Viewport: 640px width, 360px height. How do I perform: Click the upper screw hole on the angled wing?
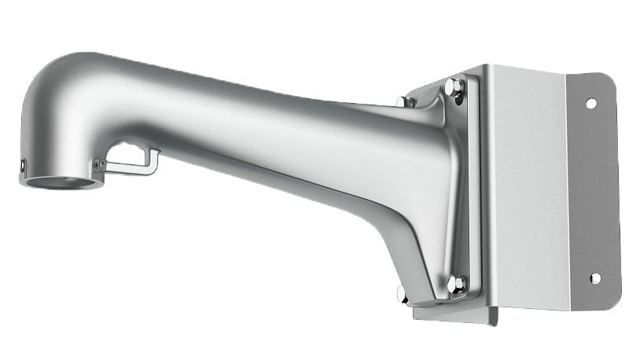[590, 103]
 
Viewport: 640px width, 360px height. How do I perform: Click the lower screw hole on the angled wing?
[594, 278]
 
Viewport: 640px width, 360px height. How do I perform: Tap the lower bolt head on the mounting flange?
[455, 282]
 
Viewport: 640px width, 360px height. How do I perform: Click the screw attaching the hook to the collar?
[99, 165]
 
